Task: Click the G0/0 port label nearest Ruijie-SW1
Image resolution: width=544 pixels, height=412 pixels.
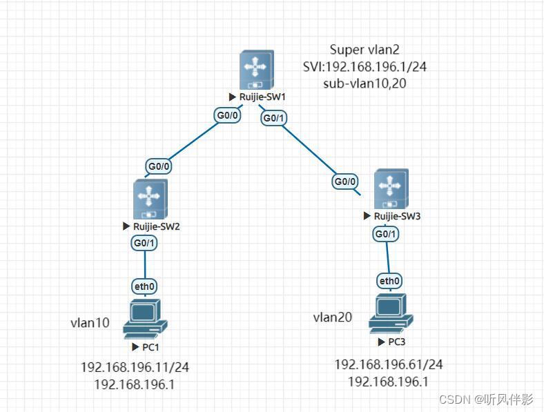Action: [228, 115]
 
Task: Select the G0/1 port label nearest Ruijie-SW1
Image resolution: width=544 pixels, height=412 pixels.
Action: [274, 119]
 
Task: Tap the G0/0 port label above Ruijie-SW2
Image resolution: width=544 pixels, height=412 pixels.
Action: [158, 166]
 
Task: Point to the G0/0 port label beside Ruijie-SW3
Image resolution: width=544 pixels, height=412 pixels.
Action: [345, 182]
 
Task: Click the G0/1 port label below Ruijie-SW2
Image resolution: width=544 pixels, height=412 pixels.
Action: [145, 243]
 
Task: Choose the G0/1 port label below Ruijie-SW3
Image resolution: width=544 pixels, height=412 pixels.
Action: [386, 235]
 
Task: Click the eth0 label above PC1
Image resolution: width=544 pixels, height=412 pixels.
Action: [144, 286]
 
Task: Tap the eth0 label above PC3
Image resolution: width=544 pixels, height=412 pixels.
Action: [389, 281]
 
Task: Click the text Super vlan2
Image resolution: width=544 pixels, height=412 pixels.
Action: [365, 50]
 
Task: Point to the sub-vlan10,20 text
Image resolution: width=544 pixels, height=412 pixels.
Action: [365, 84]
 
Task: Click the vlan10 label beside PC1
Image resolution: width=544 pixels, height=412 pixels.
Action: [90, 322]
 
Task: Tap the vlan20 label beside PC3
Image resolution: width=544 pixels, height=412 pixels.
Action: [333, 317]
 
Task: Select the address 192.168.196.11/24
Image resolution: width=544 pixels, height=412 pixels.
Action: [135, 368]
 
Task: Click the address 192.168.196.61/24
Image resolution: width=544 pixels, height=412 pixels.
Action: [389, 364]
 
